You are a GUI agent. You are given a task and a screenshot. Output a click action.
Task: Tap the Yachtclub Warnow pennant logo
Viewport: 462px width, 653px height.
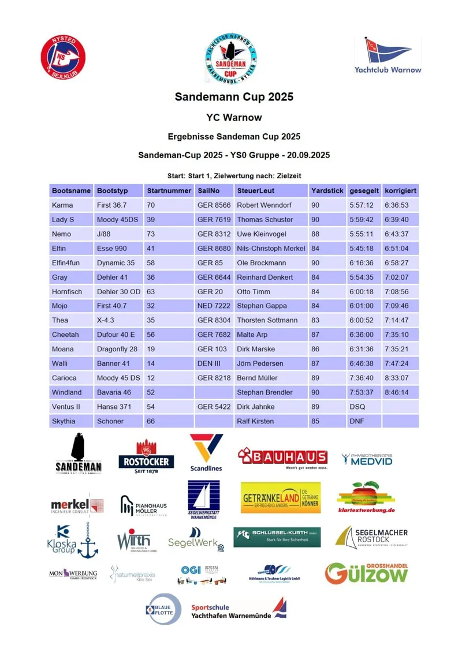388,56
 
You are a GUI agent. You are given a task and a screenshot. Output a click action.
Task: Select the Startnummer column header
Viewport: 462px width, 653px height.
169,190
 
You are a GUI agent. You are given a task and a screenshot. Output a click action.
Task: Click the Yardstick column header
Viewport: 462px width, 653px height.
327,190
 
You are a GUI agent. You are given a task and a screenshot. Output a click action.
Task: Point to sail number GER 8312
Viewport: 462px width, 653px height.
214,234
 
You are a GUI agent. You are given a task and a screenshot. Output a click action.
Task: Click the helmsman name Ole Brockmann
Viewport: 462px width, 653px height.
262,262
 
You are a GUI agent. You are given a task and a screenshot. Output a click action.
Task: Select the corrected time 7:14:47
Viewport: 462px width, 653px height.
396,320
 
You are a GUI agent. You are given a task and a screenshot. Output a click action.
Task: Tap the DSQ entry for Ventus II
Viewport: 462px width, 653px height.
357,407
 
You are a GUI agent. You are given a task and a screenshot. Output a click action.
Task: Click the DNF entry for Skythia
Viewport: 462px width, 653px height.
357,421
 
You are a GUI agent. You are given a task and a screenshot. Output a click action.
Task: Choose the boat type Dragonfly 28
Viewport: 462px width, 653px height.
117,349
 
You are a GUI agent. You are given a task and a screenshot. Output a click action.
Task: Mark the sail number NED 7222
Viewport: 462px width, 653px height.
214,306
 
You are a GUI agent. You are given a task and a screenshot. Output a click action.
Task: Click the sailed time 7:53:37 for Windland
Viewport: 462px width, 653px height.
361,392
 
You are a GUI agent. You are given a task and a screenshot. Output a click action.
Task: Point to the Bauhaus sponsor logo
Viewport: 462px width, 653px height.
282,458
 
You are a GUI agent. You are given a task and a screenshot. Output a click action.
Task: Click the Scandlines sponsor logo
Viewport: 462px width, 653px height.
206,453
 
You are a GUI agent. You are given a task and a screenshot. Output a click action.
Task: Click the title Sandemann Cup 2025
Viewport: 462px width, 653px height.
234,97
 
